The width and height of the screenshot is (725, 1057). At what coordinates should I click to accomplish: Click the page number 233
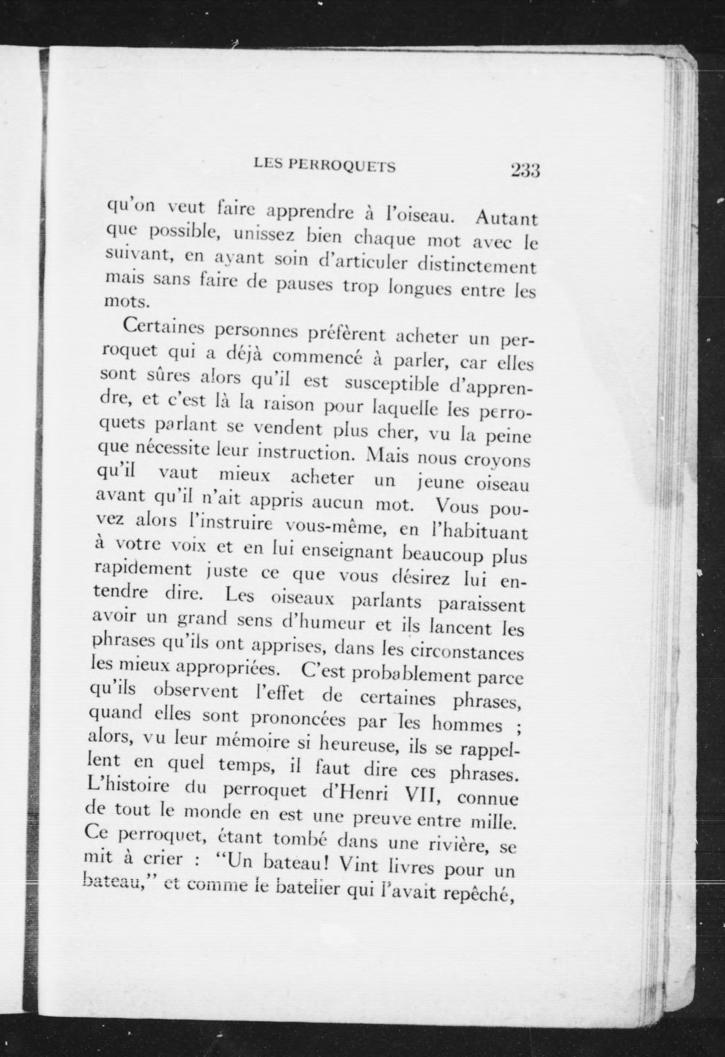coord(525,170)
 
